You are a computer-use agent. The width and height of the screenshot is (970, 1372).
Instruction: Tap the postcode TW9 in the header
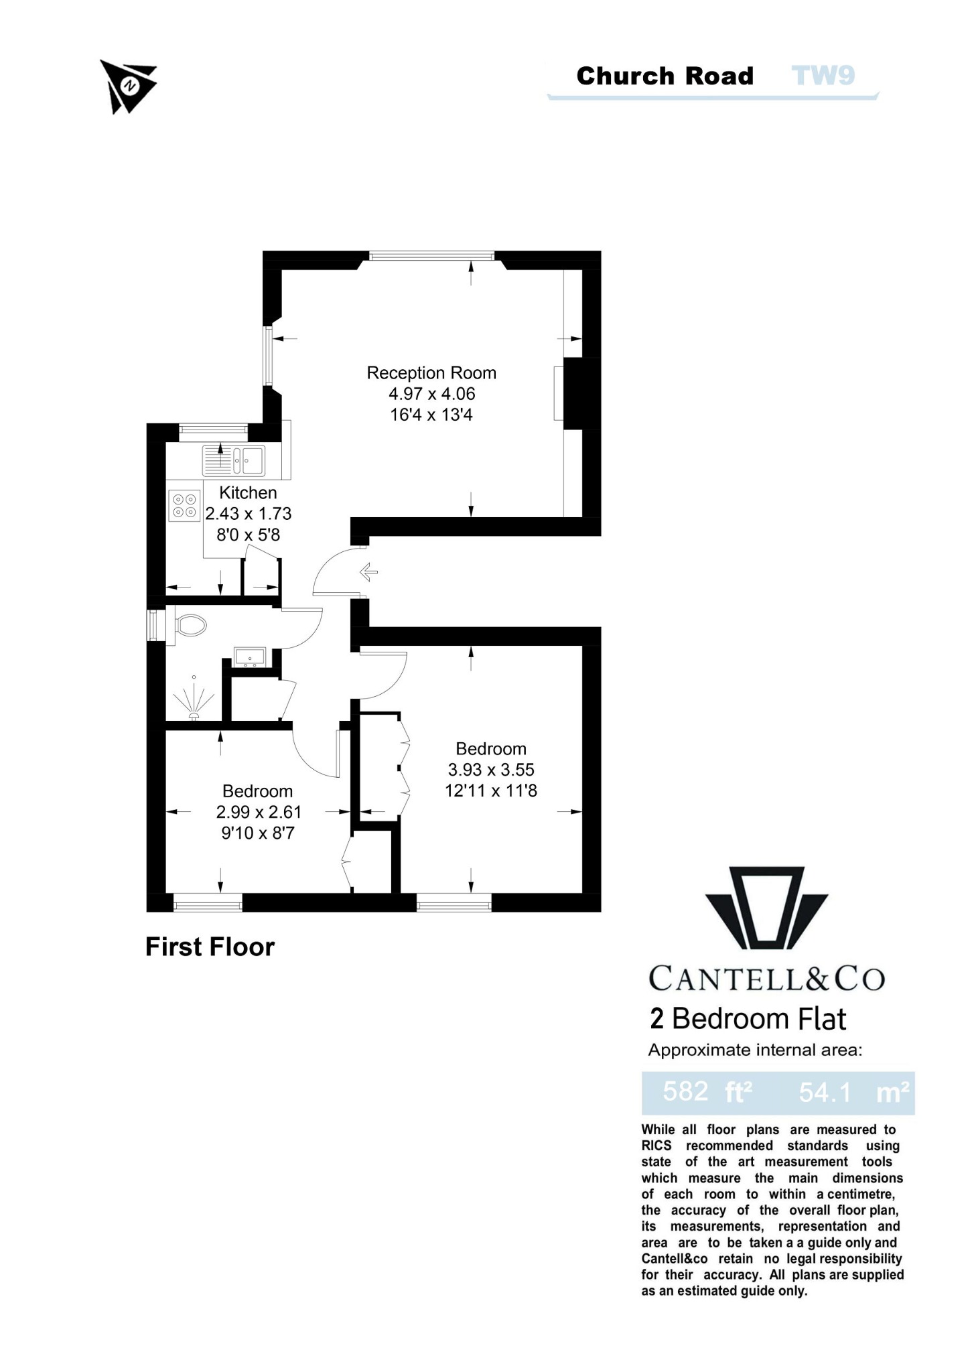coord(823,76)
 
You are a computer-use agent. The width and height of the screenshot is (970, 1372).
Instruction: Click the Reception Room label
coord(431,373)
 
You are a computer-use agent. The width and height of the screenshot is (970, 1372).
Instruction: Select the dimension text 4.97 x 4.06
coord(431,394)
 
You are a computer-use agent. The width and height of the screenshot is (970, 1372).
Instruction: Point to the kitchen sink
coord(234,460)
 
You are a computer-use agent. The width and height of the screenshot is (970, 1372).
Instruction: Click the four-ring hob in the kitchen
coord(185,506)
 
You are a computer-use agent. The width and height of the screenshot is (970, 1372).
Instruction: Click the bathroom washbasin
coord(250,657)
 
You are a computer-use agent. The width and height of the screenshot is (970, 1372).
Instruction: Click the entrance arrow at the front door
coord(368,572)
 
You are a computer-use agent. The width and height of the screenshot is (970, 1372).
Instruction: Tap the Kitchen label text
coord(248,493)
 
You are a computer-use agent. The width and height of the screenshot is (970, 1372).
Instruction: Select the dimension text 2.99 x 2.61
coord(259,813)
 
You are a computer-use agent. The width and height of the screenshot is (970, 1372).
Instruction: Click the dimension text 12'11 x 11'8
coord(490,791)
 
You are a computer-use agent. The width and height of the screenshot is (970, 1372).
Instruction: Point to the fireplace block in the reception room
coord(573,394)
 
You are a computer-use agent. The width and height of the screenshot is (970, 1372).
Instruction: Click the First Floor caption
coord(210,947)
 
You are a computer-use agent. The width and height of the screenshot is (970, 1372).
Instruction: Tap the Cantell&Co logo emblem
coord(766,908)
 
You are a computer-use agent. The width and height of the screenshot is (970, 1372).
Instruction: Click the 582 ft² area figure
coord(707,1093)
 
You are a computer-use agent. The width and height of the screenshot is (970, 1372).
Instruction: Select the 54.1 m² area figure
coord(853,1093)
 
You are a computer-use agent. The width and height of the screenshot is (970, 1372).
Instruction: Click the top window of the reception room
coord(431,255)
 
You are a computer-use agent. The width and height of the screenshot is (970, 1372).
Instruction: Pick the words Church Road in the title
coord(665,76)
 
